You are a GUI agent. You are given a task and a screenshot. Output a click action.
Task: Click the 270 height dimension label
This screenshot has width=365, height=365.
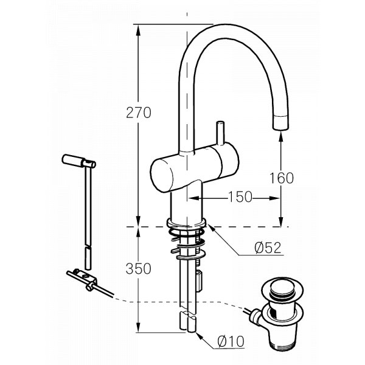139,113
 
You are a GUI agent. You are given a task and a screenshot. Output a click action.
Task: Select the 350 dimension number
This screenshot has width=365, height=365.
139,268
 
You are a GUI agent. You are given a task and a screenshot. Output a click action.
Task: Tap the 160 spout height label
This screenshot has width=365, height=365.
282,178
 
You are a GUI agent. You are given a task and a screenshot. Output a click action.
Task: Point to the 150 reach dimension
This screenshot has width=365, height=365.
240,196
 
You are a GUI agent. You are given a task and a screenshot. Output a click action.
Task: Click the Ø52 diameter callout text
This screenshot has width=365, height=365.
268,248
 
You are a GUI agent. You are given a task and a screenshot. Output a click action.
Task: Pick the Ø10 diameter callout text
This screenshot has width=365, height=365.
231,341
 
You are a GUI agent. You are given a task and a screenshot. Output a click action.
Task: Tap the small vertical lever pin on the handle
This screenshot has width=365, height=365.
220,133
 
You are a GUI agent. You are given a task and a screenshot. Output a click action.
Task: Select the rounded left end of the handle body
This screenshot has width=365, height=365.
162,176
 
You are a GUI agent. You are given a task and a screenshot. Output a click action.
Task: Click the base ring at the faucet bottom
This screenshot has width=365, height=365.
186,223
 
